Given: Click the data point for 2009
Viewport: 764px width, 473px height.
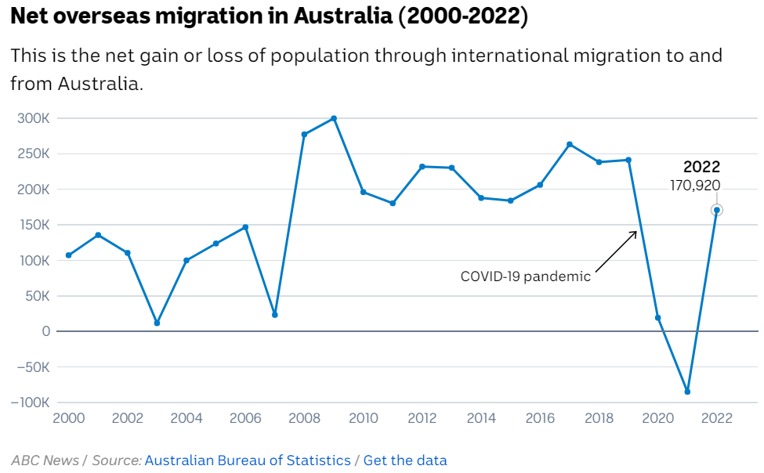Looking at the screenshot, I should point(334,118).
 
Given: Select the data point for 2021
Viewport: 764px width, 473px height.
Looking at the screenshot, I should point(687,392).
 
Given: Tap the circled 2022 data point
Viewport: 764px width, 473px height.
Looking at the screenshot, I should point(716,210).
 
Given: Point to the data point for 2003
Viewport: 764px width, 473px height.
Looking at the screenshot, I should point(157,323).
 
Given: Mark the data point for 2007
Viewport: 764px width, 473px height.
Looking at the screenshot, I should point(275,315).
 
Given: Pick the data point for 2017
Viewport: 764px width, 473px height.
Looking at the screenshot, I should point(570,144).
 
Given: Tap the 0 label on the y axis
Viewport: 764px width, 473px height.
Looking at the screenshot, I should point(46,331).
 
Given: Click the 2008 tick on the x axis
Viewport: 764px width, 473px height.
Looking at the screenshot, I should point(304,418).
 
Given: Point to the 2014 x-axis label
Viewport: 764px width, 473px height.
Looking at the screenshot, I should point(481,418).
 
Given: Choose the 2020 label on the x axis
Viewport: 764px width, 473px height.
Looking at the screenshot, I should point(658,418).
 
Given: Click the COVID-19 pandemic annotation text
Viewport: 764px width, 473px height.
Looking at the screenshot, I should point(525,276).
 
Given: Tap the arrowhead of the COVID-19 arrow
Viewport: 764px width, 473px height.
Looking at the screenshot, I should point(635,232).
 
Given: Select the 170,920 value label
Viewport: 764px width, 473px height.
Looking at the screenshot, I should point(694,186).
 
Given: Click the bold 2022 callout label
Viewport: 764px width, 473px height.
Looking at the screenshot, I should point(701,167).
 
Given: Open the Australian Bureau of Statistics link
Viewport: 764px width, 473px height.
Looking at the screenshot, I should point(248,460).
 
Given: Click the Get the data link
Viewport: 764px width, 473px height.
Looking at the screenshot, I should point(405,460).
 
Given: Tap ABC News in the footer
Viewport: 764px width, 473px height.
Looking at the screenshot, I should point(45,460).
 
